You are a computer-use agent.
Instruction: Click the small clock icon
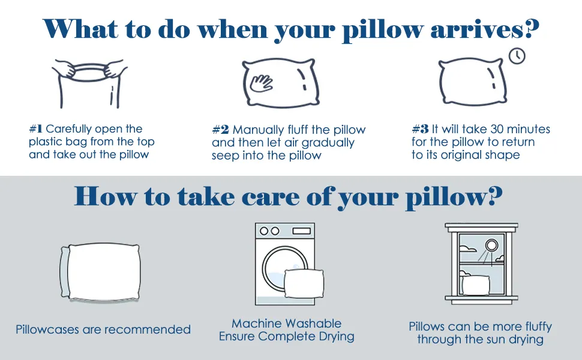point(517,56)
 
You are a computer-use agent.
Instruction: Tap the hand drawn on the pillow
point(261,83)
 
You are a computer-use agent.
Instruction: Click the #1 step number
point(35,129)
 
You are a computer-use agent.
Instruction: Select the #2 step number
point(220,130)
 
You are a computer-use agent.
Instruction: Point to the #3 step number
point(420,129)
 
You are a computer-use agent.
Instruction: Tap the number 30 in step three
point(497,129)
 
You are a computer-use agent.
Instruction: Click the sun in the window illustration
point(492,245)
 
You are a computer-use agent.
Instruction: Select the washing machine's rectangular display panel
point(301,231)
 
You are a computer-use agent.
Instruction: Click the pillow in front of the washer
point(304,283)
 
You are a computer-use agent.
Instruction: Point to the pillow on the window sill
point(475,285)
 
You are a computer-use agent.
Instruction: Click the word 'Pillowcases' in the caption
point(47,329)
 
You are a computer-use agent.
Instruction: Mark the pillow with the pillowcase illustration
point(100,272)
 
